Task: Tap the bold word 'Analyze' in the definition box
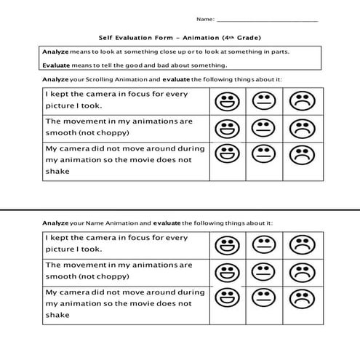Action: pyautogui.click(x=54, y=52)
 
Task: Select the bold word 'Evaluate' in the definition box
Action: pyautogui.click(x=55, y=65)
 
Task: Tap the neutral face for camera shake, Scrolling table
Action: pyautogui.click(x=263, y=154)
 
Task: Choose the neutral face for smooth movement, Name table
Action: pyautogui.click(x=263, y=271)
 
